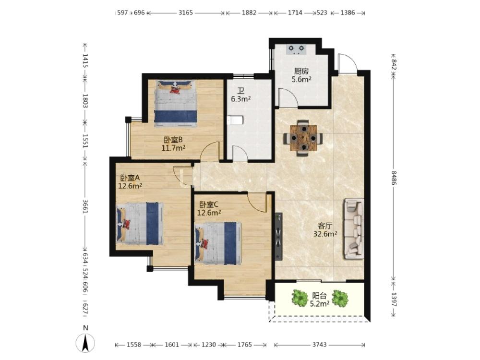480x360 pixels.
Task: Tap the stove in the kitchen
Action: pyautogui.click(x=296, y=49)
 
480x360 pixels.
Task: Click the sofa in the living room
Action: pyautogui.click(x=354, y=228)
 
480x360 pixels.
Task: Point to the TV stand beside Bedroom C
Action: pyautogui.click(x=278, y=237)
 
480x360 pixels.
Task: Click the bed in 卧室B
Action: pyautogui.click(x=175, y=103)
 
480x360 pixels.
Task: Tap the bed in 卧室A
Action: pyautogui.click(x=140, y=224)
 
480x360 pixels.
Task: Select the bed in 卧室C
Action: pyautogui.click(x=218, y=244)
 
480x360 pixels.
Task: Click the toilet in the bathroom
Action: pyautogui.click(x=235, y=120)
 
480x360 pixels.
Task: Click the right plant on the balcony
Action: pyautogui.click(x=340, y=298)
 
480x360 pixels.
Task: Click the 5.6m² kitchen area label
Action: pyautogui.click(x=301, y=80)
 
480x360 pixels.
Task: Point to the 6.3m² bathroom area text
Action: pyautogui.click(x=241, y=99)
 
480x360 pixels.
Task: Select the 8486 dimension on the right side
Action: pyautogui.click(x=394, y=178)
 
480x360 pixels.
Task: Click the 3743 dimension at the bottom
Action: pyautogui.click(x=319, y=345)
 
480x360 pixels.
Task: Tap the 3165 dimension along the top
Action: pyautogui.click(x=186, y=13)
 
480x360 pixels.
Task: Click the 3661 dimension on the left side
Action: pyautogui.click(x=85, y=207)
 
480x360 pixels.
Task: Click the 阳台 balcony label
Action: pyautogui.click(x=319, y=296)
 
